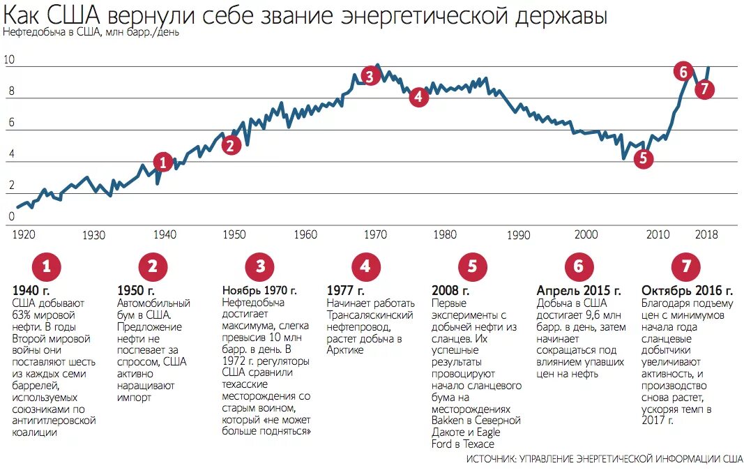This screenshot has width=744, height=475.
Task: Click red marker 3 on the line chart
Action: point(370,75)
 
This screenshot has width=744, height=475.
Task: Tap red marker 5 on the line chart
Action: point(643,158)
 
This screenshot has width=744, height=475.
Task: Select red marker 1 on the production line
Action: point(162,162)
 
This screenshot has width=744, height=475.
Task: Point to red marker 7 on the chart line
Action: point(705,89)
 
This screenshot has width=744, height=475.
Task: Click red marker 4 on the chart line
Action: point(418,97)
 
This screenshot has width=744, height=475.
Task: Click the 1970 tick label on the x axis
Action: point(377,234)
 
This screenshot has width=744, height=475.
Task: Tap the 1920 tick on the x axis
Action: point(23,234)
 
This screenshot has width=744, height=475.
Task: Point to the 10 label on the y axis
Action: point(9,60)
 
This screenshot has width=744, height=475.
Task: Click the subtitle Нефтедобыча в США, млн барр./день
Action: point(91,33)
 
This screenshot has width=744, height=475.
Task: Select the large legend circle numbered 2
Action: point(153,266)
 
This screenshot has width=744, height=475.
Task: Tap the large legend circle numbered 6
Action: point(578,266)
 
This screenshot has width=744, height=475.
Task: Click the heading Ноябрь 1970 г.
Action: point(259,290)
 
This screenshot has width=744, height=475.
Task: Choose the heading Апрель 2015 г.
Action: point(578,290)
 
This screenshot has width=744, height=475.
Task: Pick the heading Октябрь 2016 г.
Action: point(686,290)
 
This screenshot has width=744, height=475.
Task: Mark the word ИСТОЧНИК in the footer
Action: point(491,460)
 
